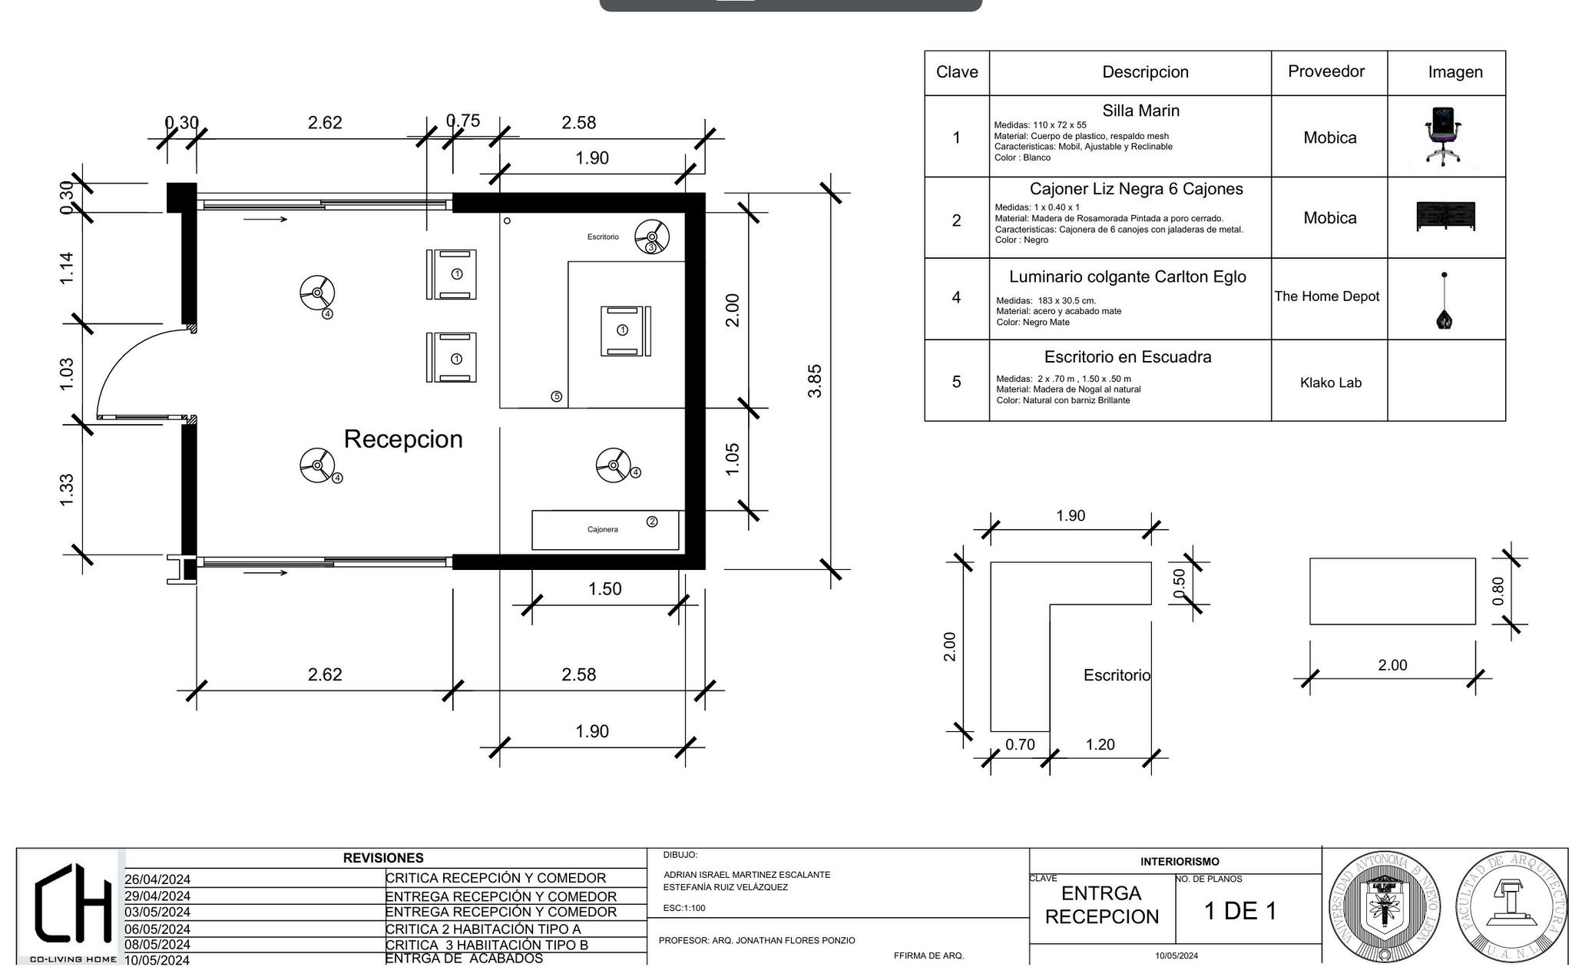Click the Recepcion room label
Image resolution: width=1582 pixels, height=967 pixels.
pos(403,439)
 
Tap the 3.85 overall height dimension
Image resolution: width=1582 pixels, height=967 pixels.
pos(815,380)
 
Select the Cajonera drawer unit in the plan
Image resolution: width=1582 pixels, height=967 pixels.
pos(605,530)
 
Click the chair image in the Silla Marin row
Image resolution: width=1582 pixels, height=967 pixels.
pos(1443,136)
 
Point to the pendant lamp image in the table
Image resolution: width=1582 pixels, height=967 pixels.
pos(1445,301)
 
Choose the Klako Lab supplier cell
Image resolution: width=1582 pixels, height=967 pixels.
pos(1330,382)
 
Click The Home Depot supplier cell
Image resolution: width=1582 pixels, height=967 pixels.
pos(1327,296)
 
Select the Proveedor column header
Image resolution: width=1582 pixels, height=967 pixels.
pos(1326,71)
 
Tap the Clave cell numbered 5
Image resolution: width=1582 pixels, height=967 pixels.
pos(956,382)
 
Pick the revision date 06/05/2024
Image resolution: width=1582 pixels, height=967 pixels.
pos(157,929)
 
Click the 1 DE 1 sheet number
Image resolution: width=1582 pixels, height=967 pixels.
pos(1240,911)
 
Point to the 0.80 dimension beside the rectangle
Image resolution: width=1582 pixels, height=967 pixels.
pos(1498,591)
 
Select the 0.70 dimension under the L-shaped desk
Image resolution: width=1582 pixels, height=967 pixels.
pos(1020,744)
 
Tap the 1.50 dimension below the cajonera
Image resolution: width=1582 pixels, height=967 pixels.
pos(604,589)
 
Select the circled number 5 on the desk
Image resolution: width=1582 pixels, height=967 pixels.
pos(556,396)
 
